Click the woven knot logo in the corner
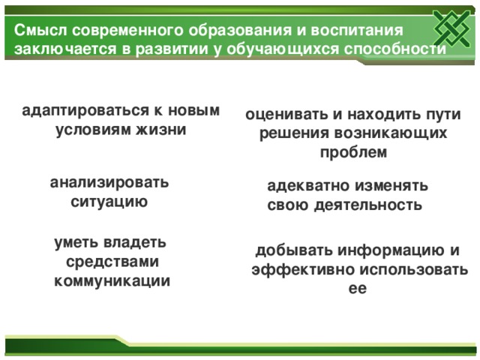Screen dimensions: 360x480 (x=454, y=32)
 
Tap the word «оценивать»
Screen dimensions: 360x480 (x=286, y=115)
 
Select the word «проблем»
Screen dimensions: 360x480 (x=353, y=152)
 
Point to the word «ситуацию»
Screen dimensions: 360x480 (x=109, y=202)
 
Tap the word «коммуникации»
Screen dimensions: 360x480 (x=111, y=281)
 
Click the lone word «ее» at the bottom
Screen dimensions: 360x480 (x=357, y=287)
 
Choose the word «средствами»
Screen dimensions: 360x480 (x=111, y=262)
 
